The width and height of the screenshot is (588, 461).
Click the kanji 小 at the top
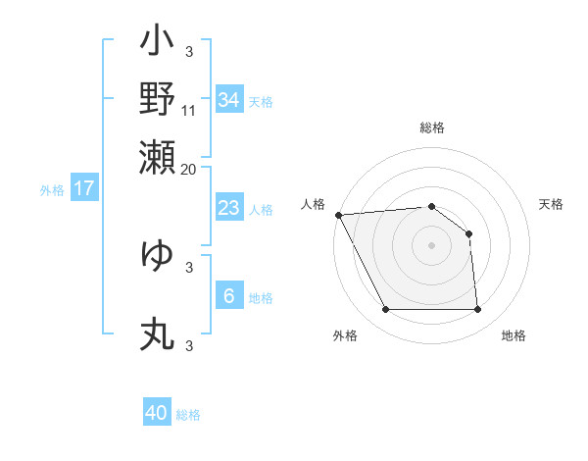[x=157, y=45]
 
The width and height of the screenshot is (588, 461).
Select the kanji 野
[x=157, y=100]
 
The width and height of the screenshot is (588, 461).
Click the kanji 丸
[x=157, y=333]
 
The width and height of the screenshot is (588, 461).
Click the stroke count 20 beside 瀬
[x=189, y=168]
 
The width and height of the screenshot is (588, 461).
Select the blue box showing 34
[x=228, y=99]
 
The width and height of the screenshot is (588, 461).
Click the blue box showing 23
[x=228, y=208]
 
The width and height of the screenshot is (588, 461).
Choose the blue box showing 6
[x=228, y=296]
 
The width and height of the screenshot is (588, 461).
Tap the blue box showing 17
[x=83, y=189]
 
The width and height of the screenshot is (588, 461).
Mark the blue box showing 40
[x=157, y=413]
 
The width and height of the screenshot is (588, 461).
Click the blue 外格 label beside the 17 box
[x=52, y=190]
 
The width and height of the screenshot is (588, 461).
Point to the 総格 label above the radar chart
[x=432, y=128]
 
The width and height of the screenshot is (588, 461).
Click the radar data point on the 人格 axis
[x=338, y=215]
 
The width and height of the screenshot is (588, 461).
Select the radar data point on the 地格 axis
[x=477, y=310]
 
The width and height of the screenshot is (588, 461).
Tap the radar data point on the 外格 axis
[x=385, y=310]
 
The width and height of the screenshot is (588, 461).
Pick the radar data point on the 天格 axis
[x=469, y=233]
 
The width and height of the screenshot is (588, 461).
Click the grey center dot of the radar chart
[x=431, y=245]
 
